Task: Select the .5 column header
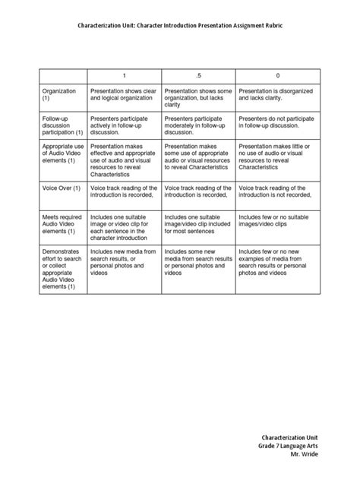(199, 75)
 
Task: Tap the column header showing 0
(278, 75)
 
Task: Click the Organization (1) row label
(59, 94)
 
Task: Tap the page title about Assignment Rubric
(179, 25)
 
